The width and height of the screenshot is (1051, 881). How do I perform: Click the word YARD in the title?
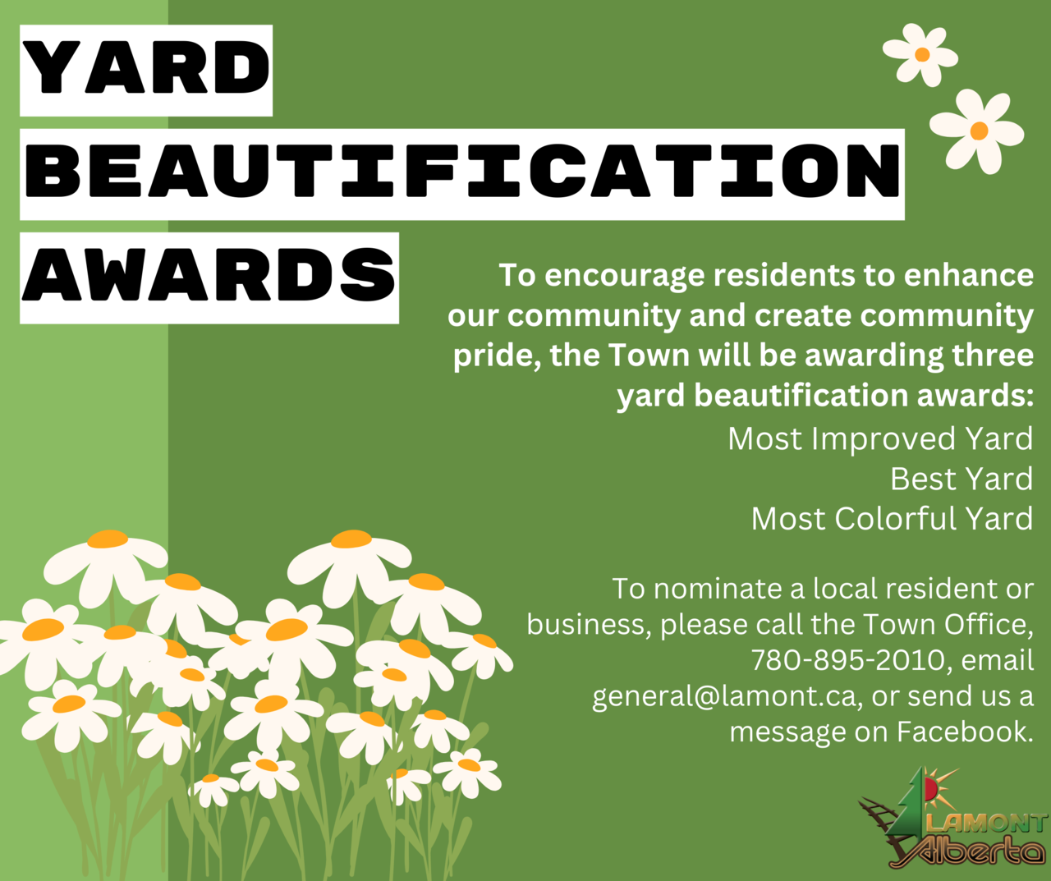[146, 68]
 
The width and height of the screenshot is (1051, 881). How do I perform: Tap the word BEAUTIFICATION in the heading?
[462, 171]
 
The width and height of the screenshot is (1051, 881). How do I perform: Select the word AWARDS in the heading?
[209, 275]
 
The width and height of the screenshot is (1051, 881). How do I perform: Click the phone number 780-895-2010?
[848, 660]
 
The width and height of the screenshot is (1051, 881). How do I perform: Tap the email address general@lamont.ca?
[724, 697]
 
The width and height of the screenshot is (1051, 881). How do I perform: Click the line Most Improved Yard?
[880, 439]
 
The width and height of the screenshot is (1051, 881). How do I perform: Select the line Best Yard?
[962, 479]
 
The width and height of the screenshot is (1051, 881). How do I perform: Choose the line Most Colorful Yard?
[892, 519]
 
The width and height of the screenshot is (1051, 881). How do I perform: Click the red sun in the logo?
[930, 788]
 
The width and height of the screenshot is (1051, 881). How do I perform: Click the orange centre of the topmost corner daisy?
[922, 54]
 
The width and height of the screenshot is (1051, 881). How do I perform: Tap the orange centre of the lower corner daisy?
[979, 131]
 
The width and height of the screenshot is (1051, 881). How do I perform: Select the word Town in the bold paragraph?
[649, 356]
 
